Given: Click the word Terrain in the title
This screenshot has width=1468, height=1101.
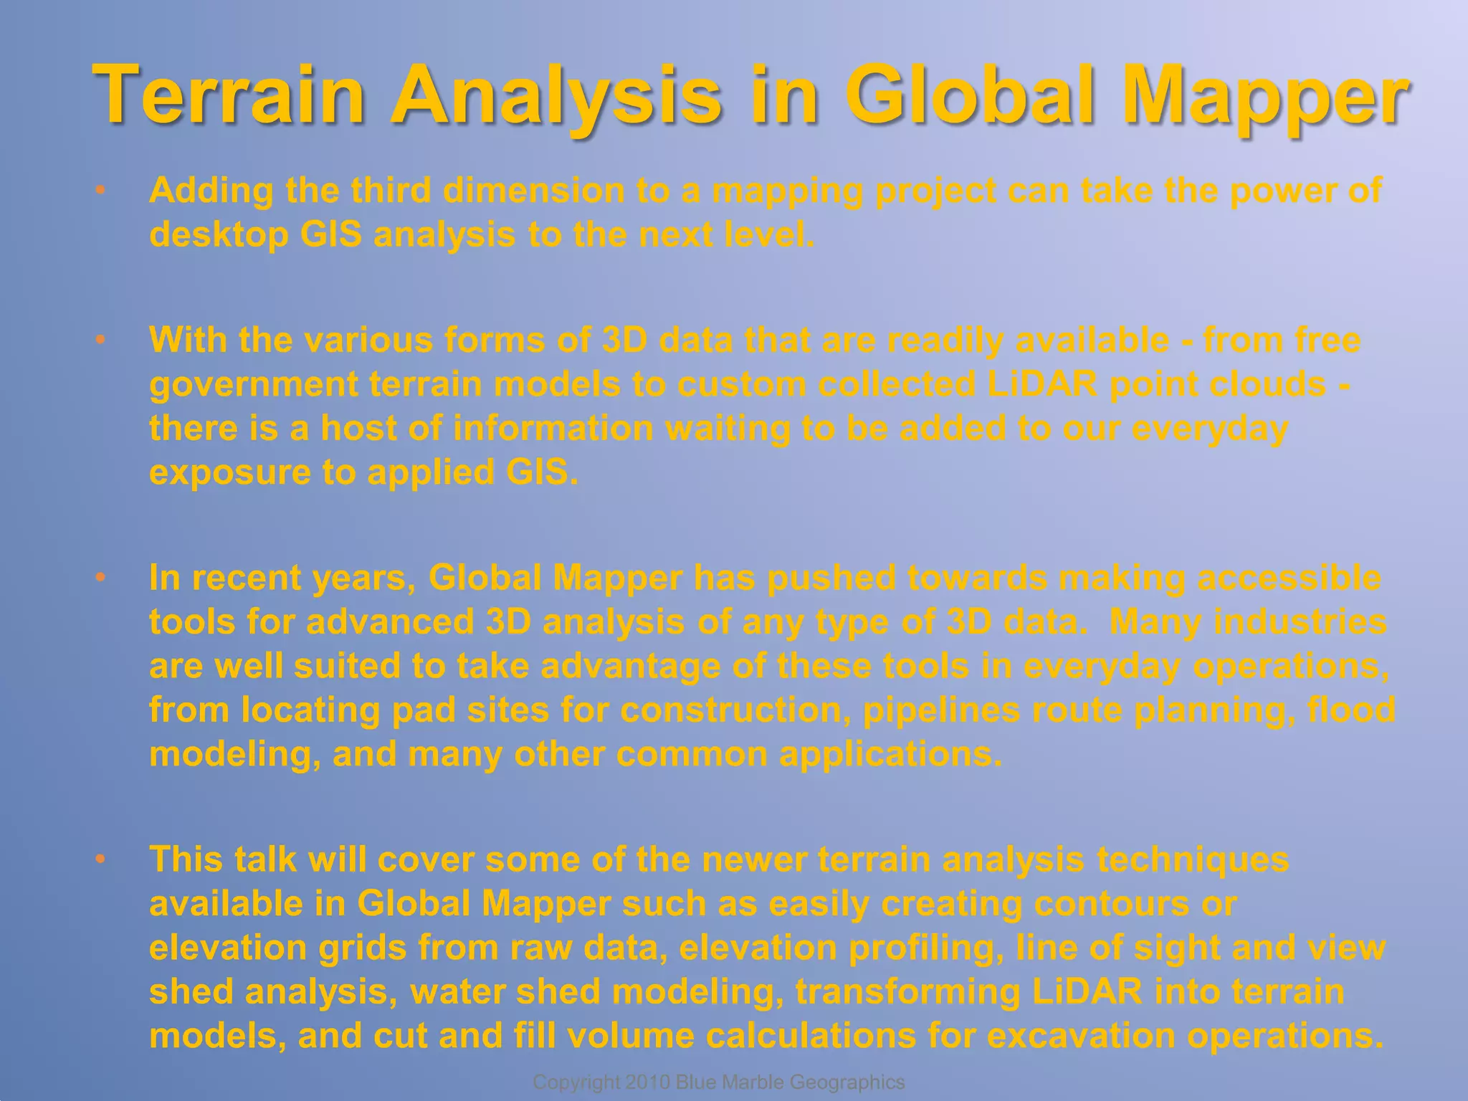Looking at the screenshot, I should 229,95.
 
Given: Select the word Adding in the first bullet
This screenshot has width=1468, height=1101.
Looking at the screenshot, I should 211,191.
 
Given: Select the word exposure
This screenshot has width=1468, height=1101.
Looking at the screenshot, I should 229,472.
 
